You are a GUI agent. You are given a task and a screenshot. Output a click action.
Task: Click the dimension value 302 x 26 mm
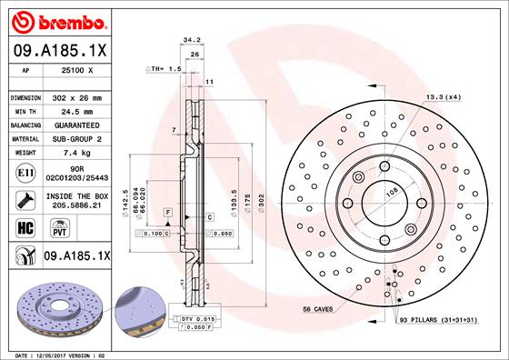pyautogui.click(x=78, y=96)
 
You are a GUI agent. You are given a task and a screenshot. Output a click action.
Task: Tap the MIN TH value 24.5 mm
pyautogui.click(x=78, y=111)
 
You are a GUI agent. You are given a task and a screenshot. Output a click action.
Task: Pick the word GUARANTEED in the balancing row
pyautogui.click(x=78, y=125)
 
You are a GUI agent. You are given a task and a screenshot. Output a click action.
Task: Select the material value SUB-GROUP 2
pyautogui.click(x=78, y=139)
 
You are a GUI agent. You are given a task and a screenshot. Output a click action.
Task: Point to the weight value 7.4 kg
pyautogui.click(x=78, y=154)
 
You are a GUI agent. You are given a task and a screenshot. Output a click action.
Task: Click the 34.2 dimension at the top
pyautogui.click(x=191, y=40)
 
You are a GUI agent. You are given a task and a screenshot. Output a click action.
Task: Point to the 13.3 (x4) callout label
pyautogui.click(x=443, y=96)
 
